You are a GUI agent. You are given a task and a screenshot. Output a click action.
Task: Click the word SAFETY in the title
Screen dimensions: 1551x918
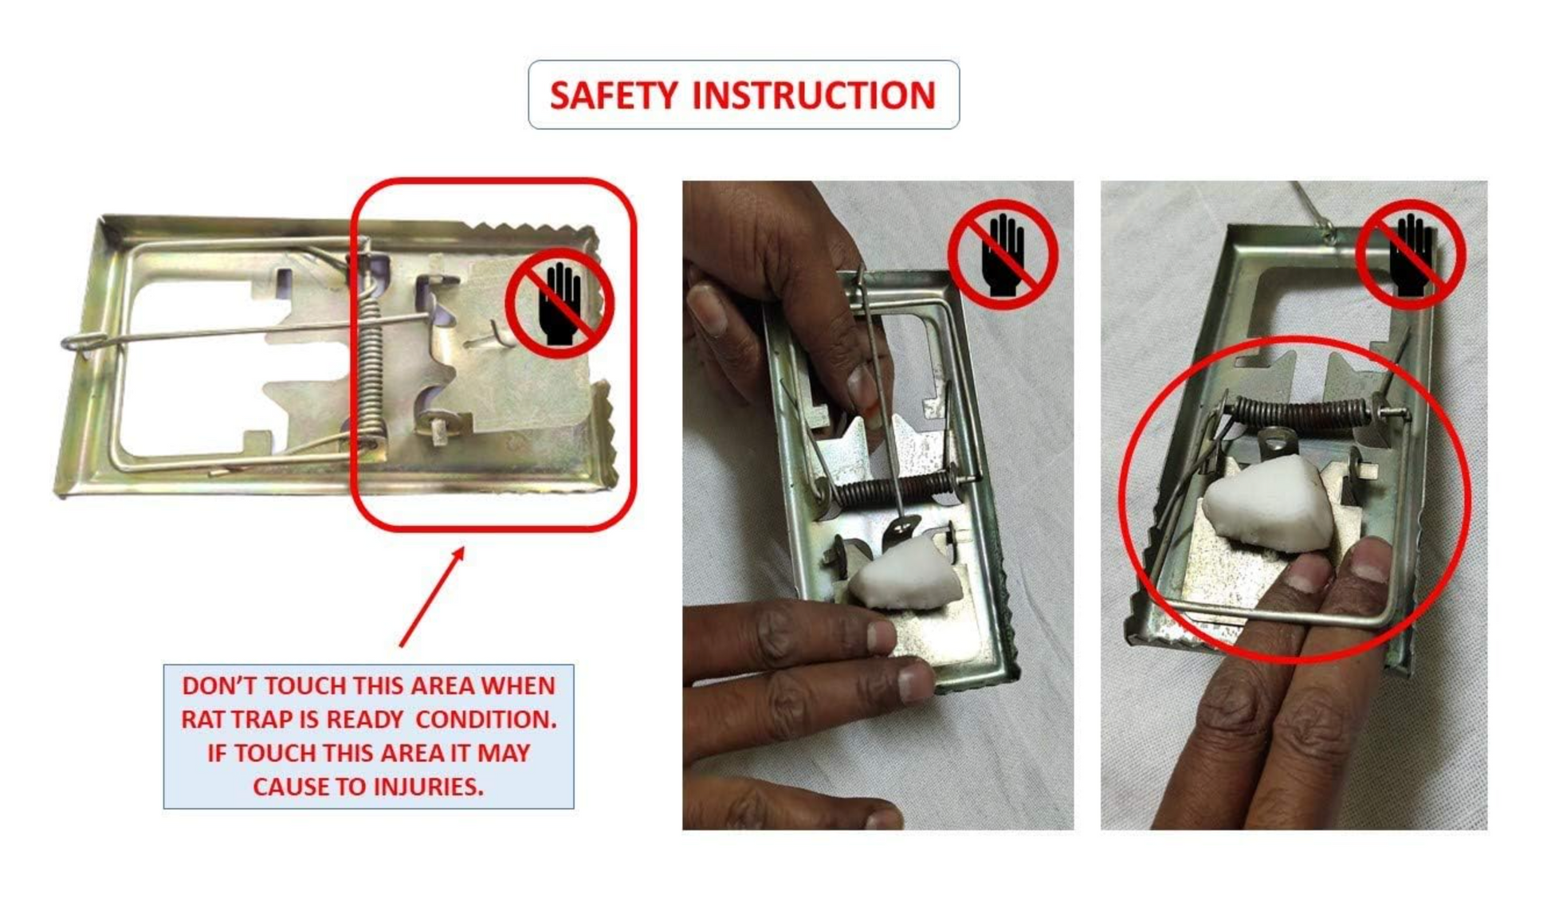click(613, 96)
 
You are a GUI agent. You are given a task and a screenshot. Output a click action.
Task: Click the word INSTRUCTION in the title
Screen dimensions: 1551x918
click(814, 96)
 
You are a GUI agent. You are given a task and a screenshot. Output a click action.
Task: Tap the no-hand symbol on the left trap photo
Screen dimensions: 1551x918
click(560, 304)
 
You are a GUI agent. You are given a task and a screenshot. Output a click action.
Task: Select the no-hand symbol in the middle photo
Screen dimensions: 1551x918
click(1003, 254)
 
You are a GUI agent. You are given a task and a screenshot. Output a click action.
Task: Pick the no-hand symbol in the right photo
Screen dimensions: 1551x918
click(1412, 254)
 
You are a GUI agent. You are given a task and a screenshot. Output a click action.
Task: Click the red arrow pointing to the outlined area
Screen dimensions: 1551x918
click(431, 596)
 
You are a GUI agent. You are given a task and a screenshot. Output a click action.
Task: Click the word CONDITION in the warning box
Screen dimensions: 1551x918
click(486, 719)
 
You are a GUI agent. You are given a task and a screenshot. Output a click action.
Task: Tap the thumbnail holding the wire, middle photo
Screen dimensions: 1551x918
click(862, 388)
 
